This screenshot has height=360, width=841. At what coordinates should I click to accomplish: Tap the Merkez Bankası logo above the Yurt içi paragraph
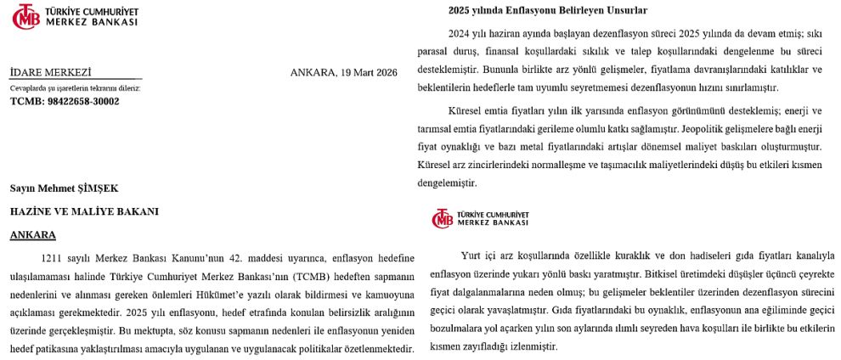pos(480,218)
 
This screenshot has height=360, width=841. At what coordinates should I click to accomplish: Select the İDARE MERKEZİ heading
pos(50,72)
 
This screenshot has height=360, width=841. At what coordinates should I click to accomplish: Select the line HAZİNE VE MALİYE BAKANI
pos(84,211)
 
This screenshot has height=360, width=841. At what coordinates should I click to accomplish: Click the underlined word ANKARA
pos(33,234)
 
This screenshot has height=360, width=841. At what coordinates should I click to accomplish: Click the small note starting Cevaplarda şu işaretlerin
pos(76,87)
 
